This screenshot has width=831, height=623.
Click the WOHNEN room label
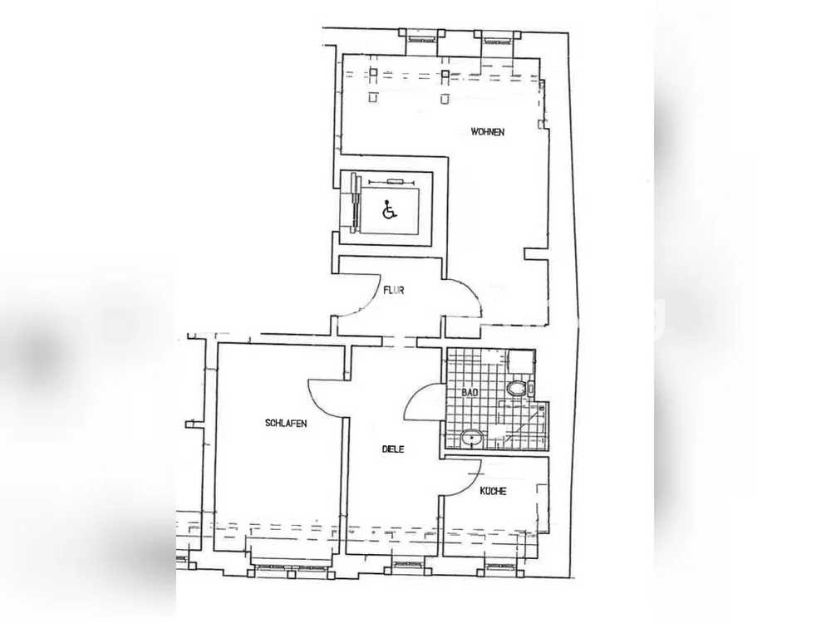pos(487,132)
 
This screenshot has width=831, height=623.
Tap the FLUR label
pos(394,290)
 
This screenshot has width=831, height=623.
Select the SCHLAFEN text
pos(286,424)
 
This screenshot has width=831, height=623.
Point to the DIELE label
pos(393,449)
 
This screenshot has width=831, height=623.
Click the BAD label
pos(470,393)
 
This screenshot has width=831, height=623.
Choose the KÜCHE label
pos(493,491)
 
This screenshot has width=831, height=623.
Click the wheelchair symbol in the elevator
pos(390,210)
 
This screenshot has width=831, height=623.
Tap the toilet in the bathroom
pos(517,389)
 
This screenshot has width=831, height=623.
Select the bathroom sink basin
pos(472,438)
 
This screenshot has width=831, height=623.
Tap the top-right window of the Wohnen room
pos(497,35)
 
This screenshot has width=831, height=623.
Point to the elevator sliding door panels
pos(355,204)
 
